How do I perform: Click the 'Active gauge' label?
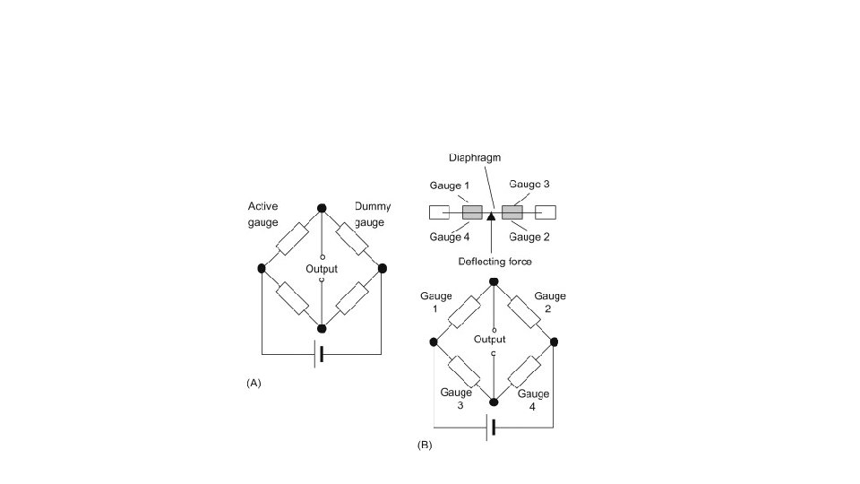pos(262,214)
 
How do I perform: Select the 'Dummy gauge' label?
pos(373,214)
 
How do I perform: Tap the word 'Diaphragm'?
pos(475,158)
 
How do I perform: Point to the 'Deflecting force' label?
pos(495,262)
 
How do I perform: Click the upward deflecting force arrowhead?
pos(491,216)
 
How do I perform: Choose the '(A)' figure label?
pos(254,383)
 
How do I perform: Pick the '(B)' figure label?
pos(425,445)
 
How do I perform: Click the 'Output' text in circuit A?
pos(322,269)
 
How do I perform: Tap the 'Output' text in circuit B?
pos(491,340)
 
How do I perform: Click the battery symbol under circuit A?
pos(318,354)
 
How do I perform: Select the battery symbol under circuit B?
pos(490,428)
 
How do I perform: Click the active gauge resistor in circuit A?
pos(292,238)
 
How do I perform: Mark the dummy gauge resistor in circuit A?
pos(351,238)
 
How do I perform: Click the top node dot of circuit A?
pos(322,208)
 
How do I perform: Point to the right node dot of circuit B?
pos(554,341)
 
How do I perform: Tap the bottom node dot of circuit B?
pos(493,402)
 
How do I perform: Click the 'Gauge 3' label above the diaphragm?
pos(529,184)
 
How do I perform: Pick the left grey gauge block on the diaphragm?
pos(472,212)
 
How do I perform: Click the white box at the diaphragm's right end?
pos(546,212)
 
